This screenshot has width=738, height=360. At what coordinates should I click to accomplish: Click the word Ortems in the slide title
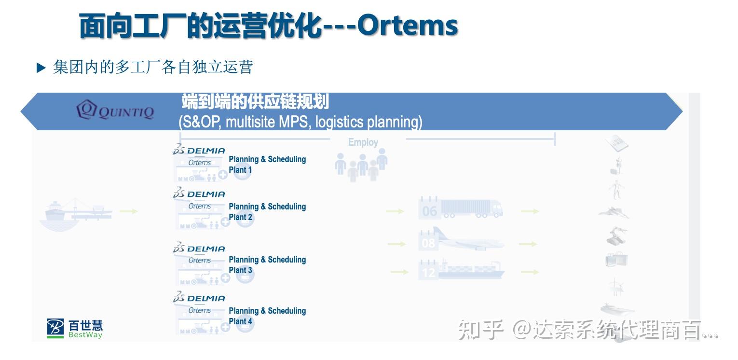coord(407,25)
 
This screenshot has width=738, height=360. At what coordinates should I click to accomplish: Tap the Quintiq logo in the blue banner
coord(115,111)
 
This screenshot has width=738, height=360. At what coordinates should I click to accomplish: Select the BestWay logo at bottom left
coord(75,328)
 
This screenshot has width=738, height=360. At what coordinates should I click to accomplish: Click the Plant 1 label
coord(240,170)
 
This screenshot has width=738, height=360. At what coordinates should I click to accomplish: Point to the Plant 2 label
coord(240,217)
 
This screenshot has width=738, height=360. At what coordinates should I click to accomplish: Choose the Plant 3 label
coord(240,270)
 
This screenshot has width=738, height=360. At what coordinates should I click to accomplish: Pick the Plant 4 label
coord(240,321)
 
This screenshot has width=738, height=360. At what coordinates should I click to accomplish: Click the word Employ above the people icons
coord(363,142)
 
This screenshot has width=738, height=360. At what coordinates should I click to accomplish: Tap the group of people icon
coord(361,164)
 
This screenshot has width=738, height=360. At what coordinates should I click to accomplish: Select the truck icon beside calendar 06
coord(471,208)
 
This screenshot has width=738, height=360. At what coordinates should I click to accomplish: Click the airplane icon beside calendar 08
coord(470,240)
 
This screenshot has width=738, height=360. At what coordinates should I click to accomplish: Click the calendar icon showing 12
coord(428,270)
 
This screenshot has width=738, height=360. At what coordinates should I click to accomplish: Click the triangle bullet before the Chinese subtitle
coord(41,68)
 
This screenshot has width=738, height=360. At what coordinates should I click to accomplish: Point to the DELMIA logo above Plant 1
coord(199,150)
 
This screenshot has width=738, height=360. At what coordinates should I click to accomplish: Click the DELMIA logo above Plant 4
coord(199,298)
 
